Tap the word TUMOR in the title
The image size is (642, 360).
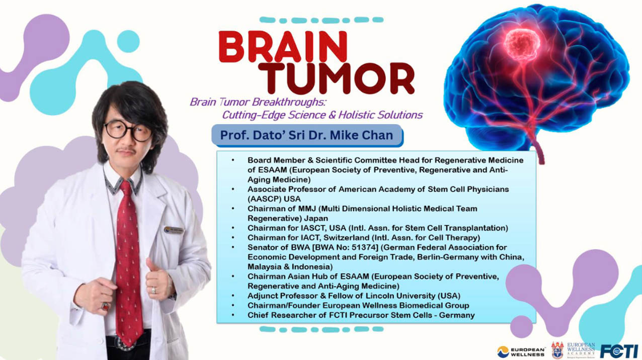click(336, 78)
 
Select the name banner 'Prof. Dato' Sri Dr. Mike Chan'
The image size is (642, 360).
click(307, 135)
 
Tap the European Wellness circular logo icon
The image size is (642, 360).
click(503, 351)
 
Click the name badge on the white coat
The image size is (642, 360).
click(174, 230)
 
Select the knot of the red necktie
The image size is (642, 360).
click(126, 187)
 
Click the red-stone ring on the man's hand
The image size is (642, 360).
click(105, 306)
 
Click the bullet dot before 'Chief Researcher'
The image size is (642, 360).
click(233, 315)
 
